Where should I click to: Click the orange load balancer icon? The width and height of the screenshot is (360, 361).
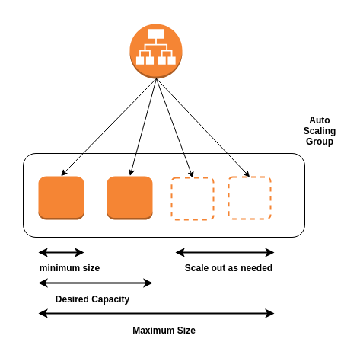pos(156,50)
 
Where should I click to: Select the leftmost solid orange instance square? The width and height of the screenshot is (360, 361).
pos(61,198)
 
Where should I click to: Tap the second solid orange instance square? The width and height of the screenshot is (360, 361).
pos(129,198)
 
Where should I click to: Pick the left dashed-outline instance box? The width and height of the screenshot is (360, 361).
pos(193,199)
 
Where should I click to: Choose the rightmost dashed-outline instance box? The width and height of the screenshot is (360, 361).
pos(250,198)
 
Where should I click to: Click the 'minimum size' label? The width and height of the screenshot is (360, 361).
pos(69,268)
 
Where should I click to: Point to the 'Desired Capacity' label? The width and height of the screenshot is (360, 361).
pos(92,299)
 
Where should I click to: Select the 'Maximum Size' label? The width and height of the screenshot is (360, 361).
pos(164,331)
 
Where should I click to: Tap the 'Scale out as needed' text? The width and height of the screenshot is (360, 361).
pos(228,268)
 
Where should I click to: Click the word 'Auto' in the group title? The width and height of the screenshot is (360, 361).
pos(319,120)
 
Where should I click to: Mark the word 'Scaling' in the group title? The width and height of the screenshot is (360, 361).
pos(319,131)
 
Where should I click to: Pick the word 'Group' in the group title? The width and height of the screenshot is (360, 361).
pos(319,142)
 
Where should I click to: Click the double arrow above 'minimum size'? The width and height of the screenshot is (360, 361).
pos(61,252)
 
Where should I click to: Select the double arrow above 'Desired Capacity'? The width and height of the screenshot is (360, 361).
pos(95,283)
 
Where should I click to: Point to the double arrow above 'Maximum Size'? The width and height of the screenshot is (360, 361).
pos(156,313)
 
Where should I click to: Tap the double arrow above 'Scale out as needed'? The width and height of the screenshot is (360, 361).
pos(225,252)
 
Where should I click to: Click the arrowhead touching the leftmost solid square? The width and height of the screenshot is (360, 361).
pos(64,174)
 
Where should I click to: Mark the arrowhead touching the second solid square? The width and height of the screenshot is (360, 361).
pos(132,173)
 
